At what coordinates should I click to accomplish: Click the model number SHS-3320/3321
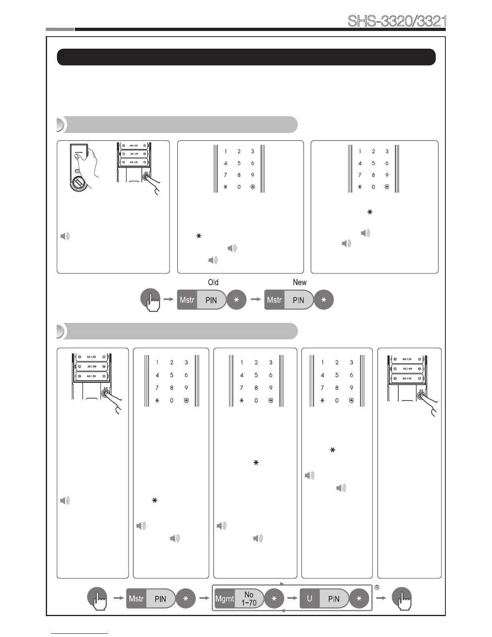[396, 21]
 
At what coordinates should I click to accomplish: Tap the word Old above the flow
[213, 282]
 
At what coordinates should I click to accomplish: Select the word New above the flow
[299, 282]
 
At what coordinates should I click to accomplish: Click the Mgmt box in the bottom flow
[224, 599]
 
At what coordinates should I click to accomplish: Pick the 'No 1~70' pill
[249, 599]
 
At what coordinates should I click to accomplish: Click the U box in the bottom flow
[310, 599]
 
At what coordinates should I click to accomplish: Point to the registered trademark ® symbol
[377, 587]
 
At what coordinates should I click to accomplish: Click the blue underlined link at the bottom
[80, 633]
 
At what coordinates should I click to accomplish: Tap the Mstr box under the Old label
[187, 300]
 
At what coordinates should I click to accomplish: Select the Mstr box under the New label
[274, 300]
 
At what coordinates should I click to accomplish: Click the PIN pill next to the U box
[334, 599]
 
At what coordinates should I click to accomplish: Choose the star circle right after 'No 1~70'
[274, 599]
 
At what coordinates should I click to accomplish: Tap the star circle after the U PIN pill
[359, 599]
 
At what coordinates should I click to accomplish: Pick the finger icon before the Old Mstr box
[150, 300]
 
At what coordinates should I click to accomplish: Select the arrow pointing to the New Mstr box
[254, 300]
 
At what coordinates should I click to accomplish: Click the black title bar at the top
[246, 57]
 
